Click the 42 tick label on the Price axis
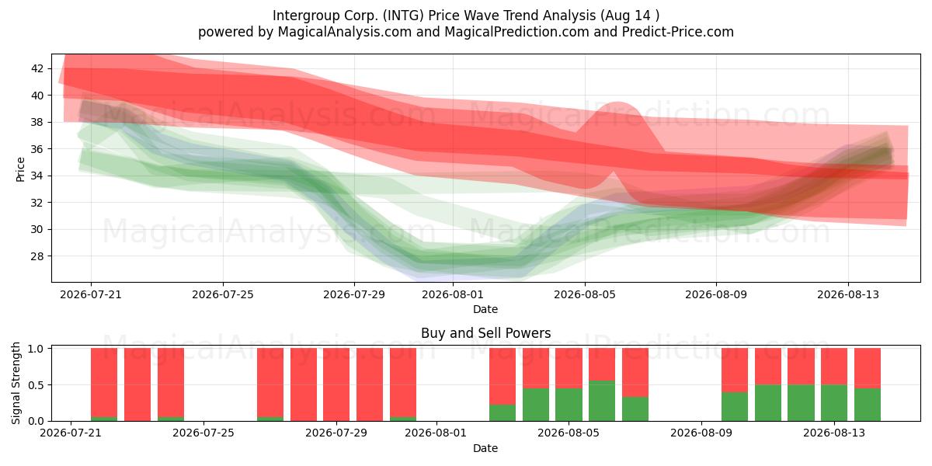coord(37,68)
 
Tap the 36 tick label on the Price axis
coord(37,149)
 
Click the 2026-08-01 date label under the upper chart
coord(453,294)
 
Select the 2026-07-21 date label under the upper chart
coord(91,294)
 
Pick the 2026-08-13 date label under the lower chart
coord(834,433)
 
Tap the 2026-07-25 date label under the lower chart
coord(203,433)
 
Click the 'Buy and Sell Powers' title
coord(485,333)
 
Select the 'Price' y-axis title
coord(20,169)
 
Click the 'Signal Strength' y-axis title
coord(16,383)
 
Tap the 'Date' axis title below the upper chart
coord(485,309)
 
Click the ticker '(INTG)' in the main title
coord(403,16)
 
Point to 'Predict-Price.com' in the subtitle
coord(678,32)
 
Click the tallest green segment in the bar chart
coord(602,401)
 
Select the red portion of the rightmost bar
coord(867,368)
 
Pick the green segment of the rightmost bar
coord(867,405)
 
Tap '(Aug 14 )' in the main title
coord(630,16)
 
